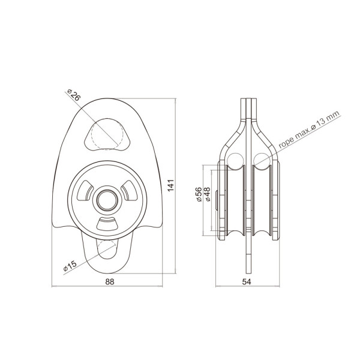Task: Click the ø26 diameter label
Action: click(x=74, y=95)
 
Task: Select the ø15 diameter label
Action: click(x=70, y=266)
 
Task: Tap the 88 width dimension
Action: click(x=110, y=282)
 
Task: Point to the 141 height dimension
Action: click(x=171, y=185)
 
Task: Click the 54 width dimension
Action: click(x=247, y=282)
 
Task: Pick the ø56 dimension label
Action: click(x=199, y=194)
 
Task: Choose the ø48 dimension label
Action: click(x=207, y=194)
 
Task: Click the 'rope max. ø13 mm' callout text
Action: click(x=309, y=130)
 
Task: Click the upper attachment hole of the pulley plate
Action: click(x=107, y=134)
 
